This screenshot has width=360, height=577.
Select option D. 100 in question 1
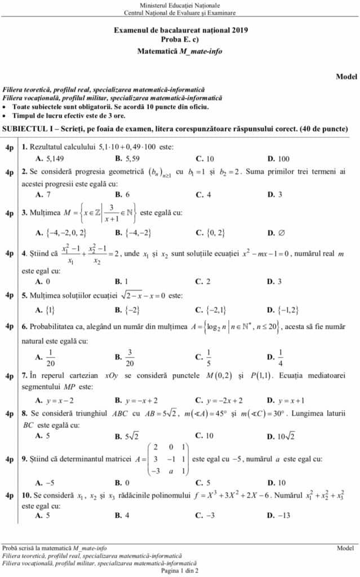tap(278, 158)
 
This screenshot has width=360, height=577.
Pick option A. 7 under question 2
tap(43, 194)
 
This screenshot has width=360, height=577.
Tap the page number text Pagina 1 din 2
tap(180, 570)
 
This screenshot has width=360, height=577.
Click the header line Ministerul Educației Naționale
tap(180, 5)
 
